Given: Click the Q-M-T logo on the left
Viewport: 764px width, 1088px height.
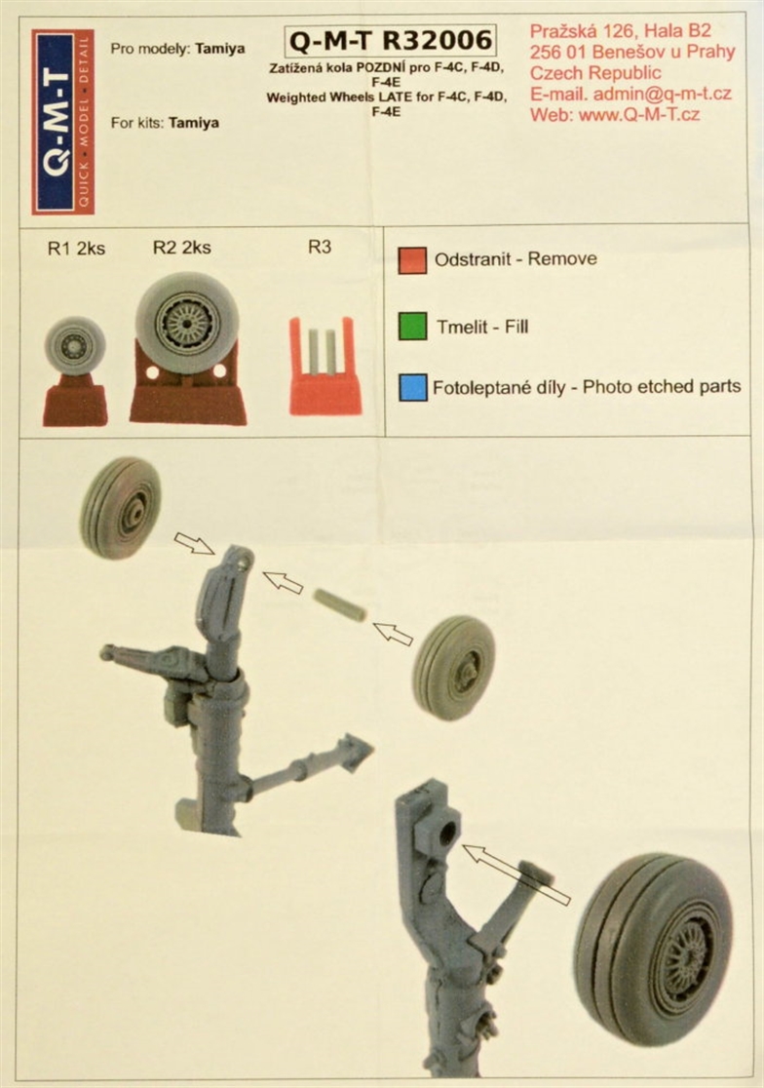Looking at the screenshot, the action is [x=62, y=122].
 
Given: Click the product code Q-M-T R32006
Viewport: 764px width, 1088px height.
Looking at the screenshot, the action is [x=391, y=41].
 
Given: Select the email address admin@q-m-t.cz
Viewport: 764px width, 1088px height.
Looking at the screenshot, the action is [x=662, y=94].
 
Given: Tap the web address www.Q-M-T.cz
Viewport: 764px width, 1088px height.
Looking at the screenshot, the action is [x=638, y=114].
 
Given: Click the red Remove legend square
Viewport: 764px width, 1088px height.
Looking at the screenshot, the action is [x=412, y=260].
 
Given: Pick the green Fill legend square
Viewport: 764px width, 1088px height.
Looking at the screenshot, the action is [x=412, y=326].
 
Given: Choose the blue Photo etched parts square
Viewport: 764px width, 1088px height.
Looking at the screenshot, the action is [x=412, y=387].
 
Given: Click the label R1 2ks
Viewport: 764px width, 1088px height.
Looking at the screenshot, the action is [x=76, y=249].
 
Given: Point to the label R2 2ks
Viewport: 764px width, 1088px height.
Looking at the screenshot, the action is [x=181, y=248].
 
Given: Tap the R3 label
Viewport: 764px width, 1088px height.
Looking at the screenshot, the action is [x=320, y=247].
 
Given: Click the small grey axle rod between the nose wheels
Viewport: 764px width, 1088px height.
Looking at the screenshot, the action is [x=340, y=605].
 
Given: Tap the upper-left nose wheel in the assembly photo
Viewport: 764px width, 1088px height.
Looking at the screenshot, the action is [x=121, y=508].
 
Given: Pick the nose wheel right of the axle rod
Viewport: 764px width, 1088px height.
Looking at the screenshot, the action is [x=454, y=667].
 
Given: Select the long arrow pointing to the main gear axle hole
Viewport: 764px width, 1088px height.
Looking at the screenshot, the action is [x=516, y=874].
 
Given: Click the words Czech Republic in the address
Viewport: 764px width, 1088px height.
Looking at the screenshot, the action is [x=595, y=73].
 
